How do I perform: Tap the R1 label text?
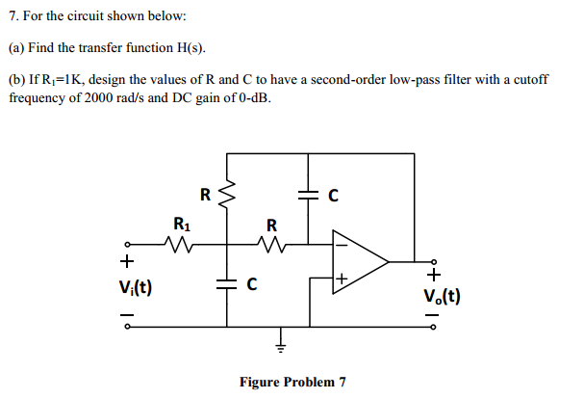point(181,224)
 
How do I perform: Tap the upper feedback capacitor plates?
point(309,196)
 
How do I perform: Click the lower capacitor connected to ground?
point(228,284)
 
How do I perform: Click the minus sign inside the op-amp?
point(339,245)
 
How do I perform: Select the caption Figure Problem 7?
point(291,382)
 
